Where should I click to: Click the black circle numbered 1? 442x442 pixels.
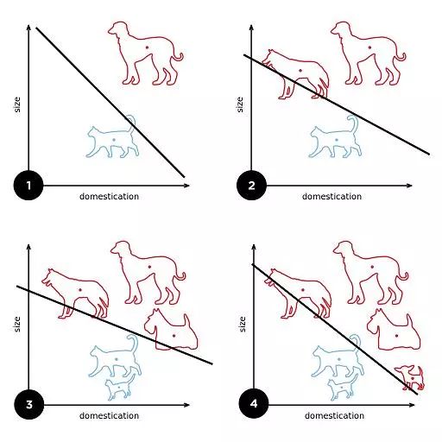pyautogui.click(x=28, y=186)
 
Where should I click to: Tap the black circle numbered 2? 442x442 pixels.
pyautogui.click(x=251, y=186)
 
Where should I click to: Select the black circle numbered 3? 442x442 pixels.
pyautogui.click(x=29, y=405)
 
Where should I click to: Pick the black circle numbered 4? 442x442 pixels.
pyautogui.click(x=254, y=404)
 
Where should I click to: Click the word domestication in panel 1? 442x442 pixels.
pyautogui.click(x=109, y=197)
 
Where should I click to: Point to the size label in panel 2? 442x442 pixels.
pyautogui.click(x=240, y=104)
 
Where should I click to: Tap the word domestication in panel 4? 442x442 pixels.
pyautogui.click(x=334, y=416)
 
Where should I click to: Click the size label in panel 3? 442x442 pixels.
pyautogui.click(x=17, y=325)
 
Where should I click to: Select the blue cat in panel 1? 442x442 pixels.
pyautogui.click(x=112, y=136)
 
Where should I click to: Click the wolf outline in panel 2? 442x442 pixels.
pyautogui.click(x=295, y=74)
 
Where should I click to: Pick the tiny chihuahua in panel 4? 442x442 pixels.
pyautogui.click(x=410, y=377)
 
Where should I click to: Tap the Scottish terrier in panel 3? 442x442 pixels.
pyautogui.click(x=171, y=330)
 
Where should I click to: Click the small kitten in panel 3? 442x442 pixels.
pyautogui.click(x=120, y=387)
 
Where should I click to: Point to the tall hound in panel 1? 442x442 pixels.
pyautogui.click(x=145, y=54)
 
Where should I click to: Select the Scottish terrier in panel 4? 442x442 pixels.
pyautogui.click(x=394, y=330)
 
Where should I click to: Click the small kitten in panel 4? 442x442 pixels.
pyautogui.click(x=343, y=387)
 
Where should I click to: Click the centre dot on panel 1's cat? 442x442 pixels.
pyautogui.click(x=114, y=140)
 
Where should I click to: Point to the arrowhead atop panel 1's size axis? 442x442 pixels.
pyautogui.click(x=28, y=27)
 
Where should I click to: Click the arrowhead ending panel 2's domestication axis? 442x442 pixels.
pyautogui.click(x=409, y=186)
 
